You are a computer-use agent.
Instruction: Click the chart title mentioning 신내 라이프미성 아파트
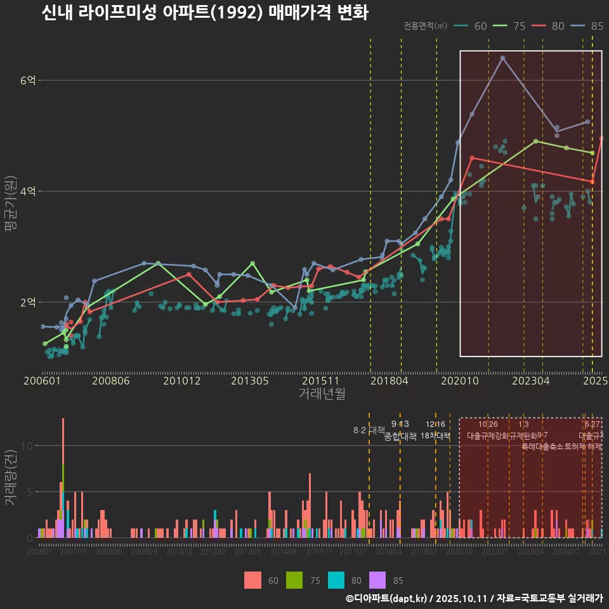pos(204,13)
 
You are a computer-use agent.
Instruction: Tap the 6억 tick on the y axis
pos(28,81)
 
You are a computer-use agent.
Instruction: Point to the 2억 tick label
pos(28,303)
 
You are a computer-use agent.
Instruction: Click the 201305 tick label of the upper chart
pos(249,381)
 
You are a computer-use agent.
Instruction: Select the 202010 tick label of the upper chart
pos(459,381)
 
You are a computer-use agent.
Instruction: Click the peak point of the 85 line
pos(502,58)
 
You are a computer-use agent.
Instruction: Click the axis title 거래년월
pos(322,394)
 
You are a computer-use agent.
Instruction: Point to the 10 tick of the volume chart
pos(27,445)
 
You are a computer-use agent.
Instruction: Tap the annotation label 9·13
pos(400,424)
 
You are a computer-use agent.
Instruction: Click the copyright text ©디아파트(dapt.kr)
pos(388,598)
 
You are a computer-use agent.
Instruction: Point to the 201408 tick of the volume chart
pos(284,552)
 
